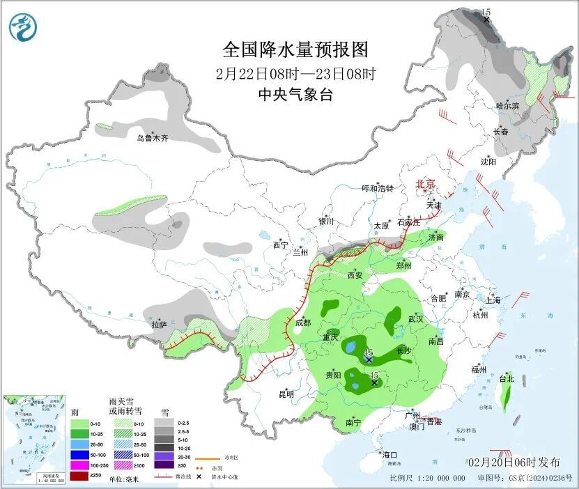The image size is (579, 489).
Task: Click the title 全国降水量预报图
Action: click(x=295, y=50)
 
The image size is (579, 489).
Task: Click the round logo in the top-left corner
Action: click(x=22, y=26)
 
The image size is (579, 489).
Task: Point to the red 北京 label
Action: click(x=425, y=184)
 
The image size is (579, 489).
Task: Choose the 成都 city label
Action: click(x=302, y=323)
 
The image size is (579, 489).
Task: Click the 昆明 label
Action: click(x=286, y=394)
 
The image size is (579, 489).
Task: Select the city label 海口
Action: click(x=388, y=455)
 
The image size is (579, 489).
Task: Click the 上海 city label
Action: click(x=493, y=300)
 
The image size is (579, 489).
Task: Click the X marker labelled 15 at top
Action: click(x=486, y=20)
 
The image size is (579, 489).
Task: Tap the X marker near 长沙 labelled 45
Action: click(x=369, y=360)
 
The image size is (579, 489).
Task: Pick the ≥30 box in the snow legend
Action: click(x=164, y=465)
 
